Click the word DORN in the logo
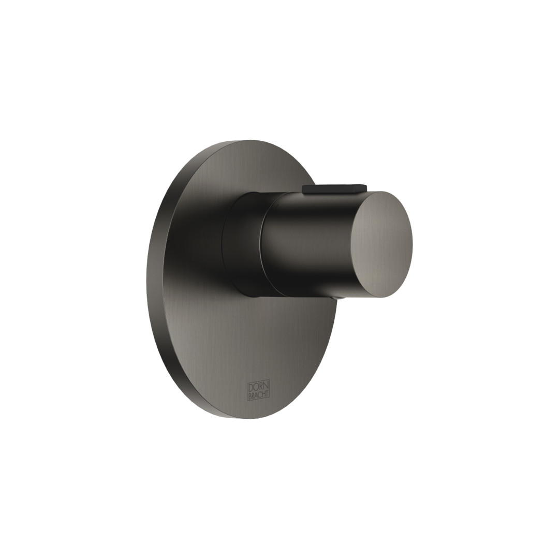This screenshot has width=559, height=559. [258, 387]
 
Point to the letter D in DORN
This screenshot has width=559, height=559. [252, 387]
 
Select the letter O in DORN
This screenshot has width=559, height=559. [256, 387]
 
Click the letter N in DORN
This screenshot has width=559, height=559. [266, 387]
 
